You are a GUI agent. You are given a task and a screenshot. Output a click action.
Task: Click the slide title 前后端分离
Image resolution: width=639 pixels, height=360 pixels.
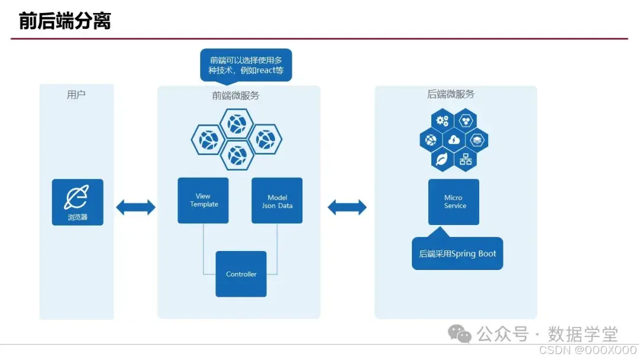(x=64, y=21)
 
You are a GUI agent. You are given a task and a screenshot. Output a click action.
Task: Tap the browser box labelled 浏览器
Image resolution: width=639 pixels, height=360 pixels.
(x=78, y=202)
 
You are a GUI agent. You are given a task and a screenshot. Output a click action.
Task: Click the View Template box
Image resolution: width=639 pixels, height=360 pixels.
(x=203, y=200)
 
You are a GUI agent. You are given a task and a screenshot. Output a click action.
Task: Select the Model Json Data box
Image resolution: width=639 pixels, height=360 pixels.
(x=277, y=200)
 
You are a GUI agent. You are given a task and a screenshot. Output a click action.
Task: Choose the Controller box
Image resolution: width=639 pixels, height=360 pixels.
(x=241, y=274)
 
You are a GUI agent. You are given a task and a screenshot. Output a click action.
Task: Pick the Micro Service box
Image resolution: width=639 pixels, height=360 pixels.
(x=454, y=202)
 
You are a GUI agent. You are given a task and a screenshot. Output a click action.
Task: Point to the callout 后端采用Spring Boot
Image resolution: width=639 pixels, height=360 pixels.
(x=457, y=253)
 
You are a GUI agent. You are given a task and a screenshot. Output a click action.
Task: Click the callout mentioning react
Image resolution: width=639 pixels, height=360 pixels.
(x=246, y=65)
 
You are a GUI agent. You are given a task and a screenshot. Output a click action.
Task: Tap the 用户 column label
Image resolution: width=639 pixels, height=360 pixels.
(x=76, y=95)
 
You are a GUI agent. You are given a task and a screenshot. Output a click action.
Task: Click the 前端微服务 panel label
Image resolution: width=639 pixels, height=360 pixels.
(x=235, y=95)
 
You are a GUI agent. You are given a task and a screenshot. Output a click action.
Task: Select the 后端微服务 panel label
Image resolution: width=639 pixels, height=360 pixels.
(x=451, y=94)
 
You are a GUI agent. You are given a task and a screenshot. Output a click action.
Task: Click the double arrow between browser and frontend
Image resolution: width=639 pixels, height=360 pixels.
(x=135, y=207)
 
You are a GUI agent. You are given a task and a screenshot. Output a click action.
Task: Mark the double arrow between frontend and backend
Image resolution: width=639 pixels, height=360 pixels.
(x=347, y=207)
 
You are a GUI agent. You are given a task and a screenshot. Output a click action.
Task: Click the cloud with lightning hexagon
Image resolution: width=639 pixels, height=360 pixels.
(x=454, y=140)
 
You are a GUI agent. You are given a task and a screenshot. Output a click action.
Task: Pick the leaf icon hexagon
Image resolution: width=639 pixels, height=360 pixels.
(x=442, y=159)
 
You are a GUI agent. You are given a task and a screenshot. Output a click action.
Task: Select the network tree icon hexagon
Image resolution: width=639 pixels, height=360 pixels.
(x=466, y=159)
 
